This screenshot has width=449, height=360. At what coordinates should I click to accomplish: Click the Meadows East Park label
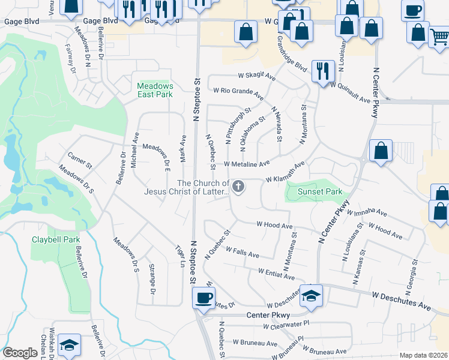(155, 90)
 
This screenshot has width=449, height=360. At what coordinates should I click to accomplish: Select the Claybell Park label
(55, 239)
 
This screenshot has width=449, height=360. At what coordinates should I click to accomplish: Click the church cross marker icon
(238, 187)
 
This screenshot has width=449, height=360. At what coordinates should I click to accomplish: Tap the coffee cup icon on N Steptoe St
(204, 298)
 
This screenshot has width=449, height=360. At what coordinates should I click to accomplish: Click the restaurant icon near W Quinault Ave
(322, 71)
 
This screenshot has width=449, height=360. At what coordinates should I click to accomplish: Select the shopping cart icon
(439, 38)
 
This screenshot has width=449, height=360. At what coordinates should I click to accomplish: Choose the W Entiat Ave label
(276, 274)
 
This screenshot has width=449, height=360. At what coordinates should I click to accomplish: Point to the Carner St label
(80, 160)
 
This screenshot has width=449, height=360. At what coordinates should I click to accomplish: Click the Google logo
(20, 353)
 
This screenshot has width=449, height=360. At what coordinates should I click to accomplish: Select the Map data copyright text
(423, 355)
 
